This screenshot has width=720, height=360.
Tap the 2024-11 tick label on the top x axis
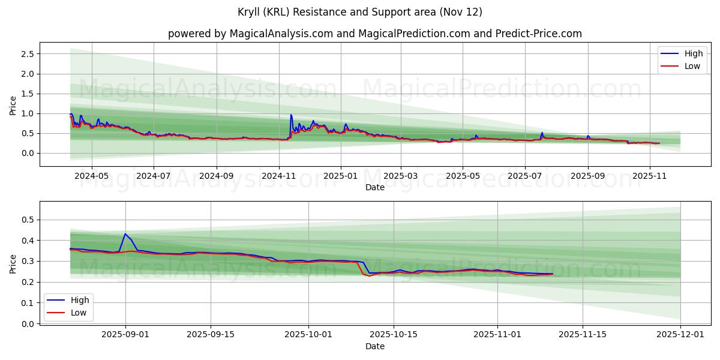pos(278,177)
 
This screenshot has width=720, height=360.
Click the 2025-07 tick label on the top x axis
pos(525,177)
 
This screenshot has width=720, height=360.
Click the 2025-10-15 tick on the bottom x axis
pos(394,335)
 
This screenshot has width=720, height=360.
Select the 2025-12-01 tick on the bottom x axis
pos(680,335)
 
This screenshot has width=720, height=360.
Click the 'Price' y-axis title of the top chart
pos(13,104)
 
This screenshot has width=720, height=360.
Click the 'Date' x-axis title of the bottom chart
pos(375,346)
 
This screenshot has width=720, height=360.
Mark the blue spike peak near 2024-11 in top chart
pos(291,115)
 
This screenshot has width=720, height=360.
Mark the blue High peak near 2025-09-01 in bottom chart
pos(125,234)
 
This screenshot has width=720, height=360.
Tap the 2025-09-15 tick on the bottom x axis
pos(211,335)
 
